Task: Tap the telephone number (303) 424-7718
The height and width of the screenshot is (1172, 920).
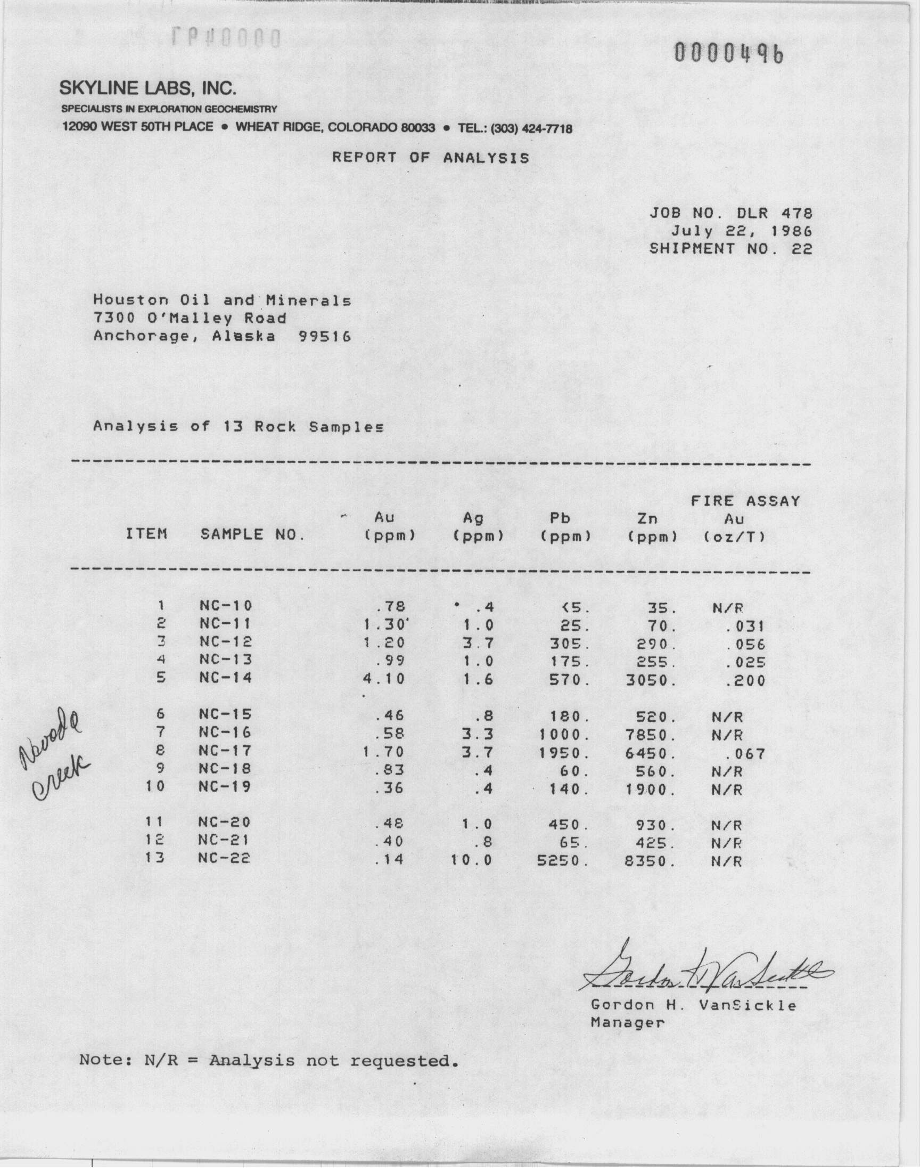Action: click(x=530, y=129)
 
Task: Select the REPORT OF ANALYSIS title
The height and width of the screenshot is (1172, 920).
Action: click(x=430, y=158)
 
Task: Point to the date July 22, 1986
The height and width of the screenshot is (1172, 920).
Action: click(x=741, y=231)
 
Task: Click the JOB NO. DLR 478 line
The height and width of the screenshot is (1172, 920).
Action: click(x=730, y=214)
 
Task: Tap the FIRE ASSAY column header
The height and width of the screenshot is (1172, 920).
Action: click(x=745, y=502)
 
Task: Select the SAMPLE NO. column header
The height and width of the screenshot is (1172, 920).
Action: click(x=252, y=534)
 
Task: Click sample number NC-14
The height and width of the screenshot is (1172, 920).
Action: click(x=225, y=678)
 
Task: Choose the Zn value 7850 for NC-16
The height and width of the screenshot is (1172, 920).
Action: click(x=651, y=735)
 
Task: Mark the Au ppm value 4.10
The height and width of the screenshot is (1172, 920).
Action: click(x=384, y=679)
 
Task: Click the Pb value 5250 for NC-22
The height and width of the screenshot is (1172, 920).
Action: click(x=563, y=861)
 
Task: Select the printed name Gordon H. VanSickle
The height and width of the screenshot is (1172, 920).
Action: click(x=693, y=1005)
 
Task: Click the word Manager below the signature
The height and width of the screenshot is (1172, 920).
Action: click(x=627, y=1023)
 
